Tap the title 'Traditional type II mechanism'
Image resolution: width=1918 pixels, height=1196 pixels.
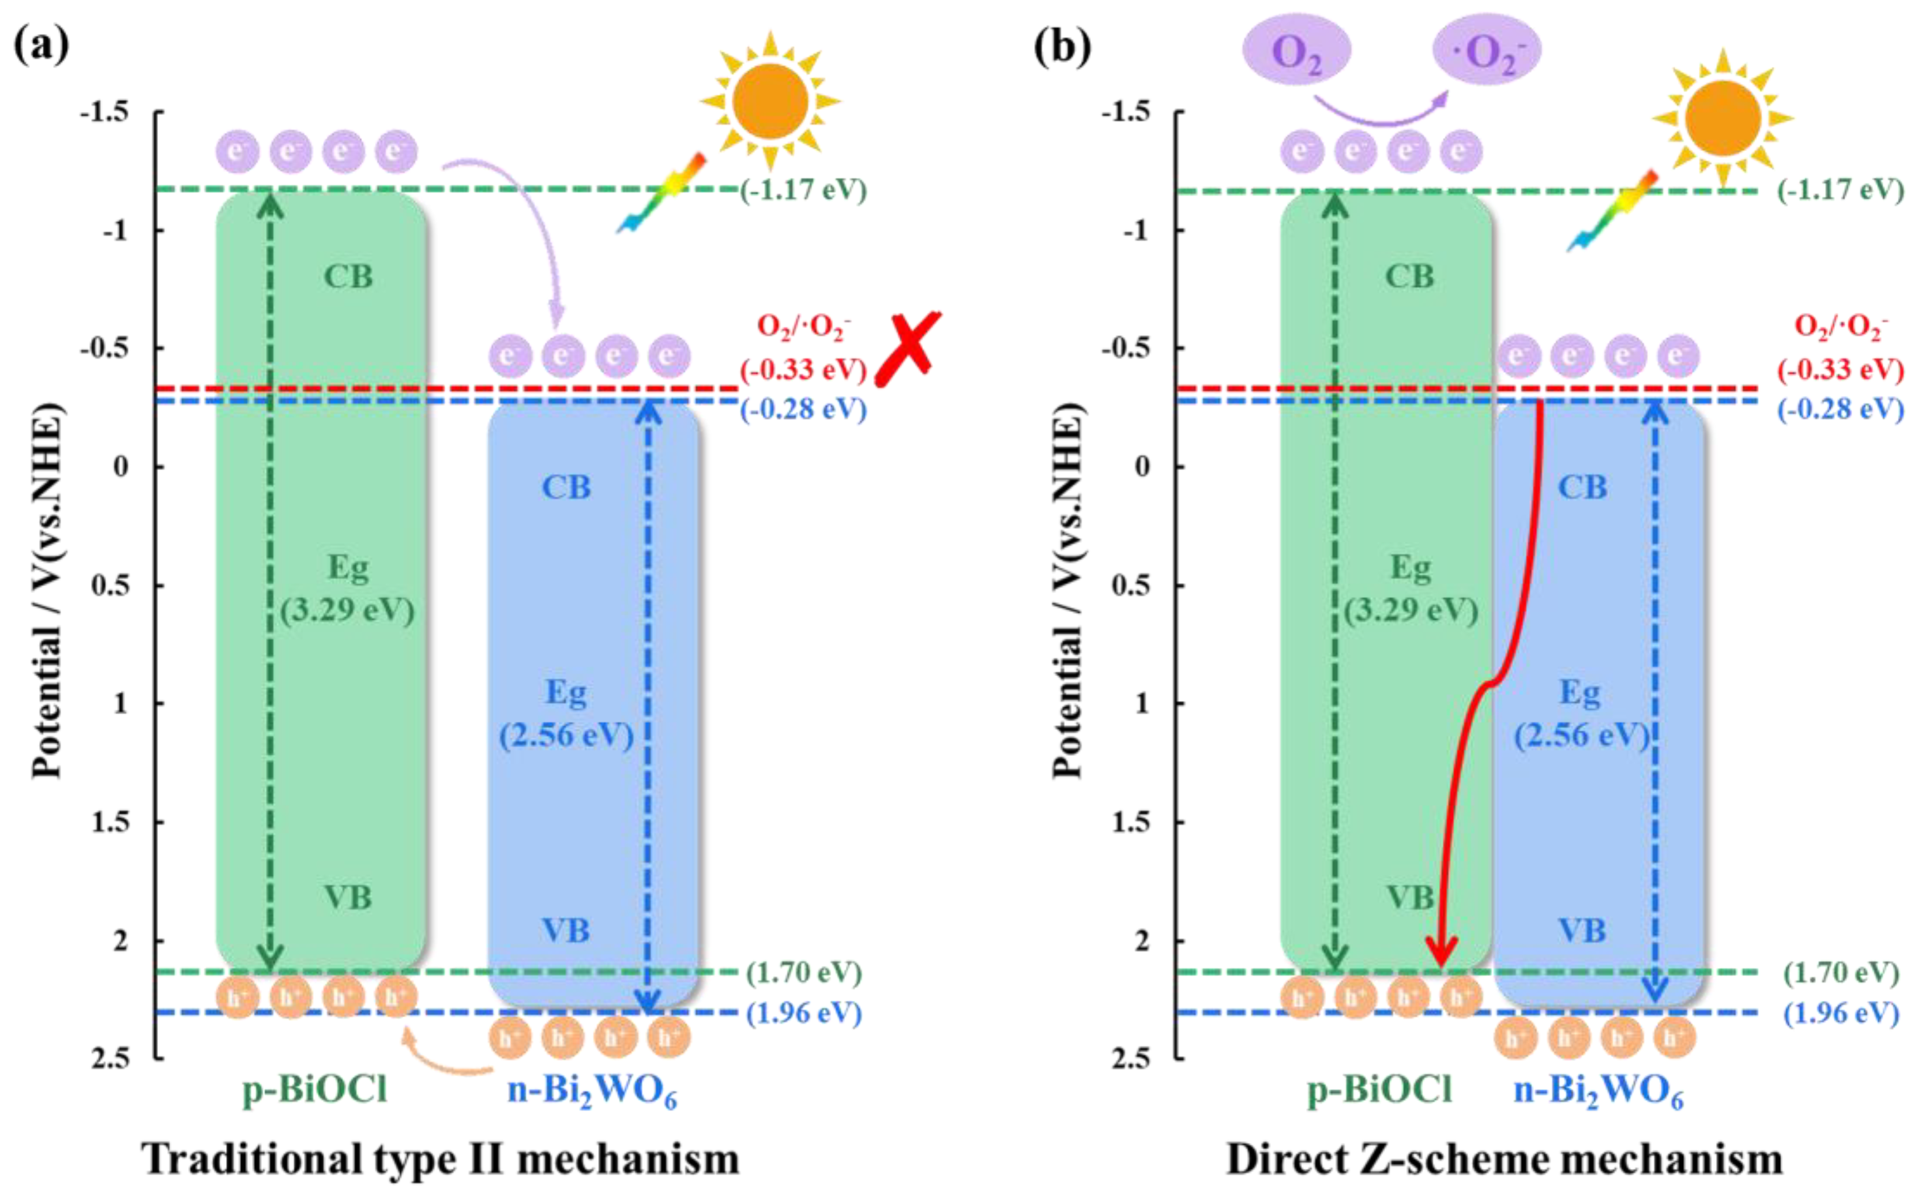coord(441,1159)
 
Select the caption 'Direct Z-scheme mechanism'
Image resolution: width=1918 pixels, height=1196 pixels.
coord(1505,1159)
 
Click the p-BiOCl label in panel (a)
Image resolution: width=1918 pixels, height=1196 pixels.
coord(315,1090)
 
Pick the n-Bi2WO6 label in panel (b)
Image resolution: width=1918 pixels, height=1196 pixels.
coord(1598,1092)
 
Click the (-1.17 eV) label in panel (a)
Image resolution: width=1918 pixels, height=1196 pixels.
coord(803,190)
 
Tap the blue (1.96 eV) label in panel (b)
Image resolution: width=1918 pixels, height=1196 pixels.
coord(1841,1013)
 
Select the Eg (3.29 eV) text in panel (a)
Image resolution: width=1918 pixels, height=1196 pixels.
coord(348,589)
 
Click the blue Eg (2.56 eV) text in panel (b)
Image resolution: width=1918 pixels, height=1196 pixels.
coord(1581,714)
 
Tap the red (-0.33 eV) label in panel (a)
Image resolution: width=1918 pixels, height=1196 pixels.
coord(803,369)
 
